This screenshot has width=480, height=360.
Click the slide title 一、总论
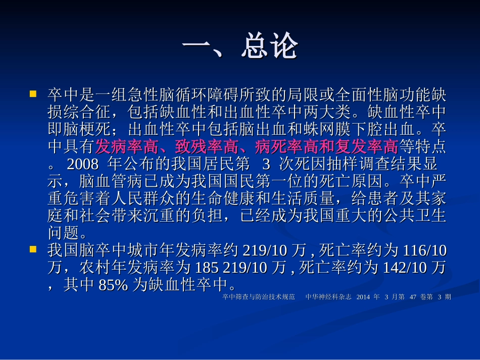[x=239, y=48]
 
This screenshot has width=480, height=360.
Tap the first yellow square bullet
[x=33, y=94]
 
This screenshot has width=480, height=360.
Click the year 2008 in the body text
[x=81, y=165]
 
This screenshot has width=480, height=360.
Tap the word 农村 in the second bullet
[x=94, y=268]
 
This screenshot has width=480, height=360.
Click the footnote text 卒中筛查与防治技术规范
[x=258, y=297]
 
